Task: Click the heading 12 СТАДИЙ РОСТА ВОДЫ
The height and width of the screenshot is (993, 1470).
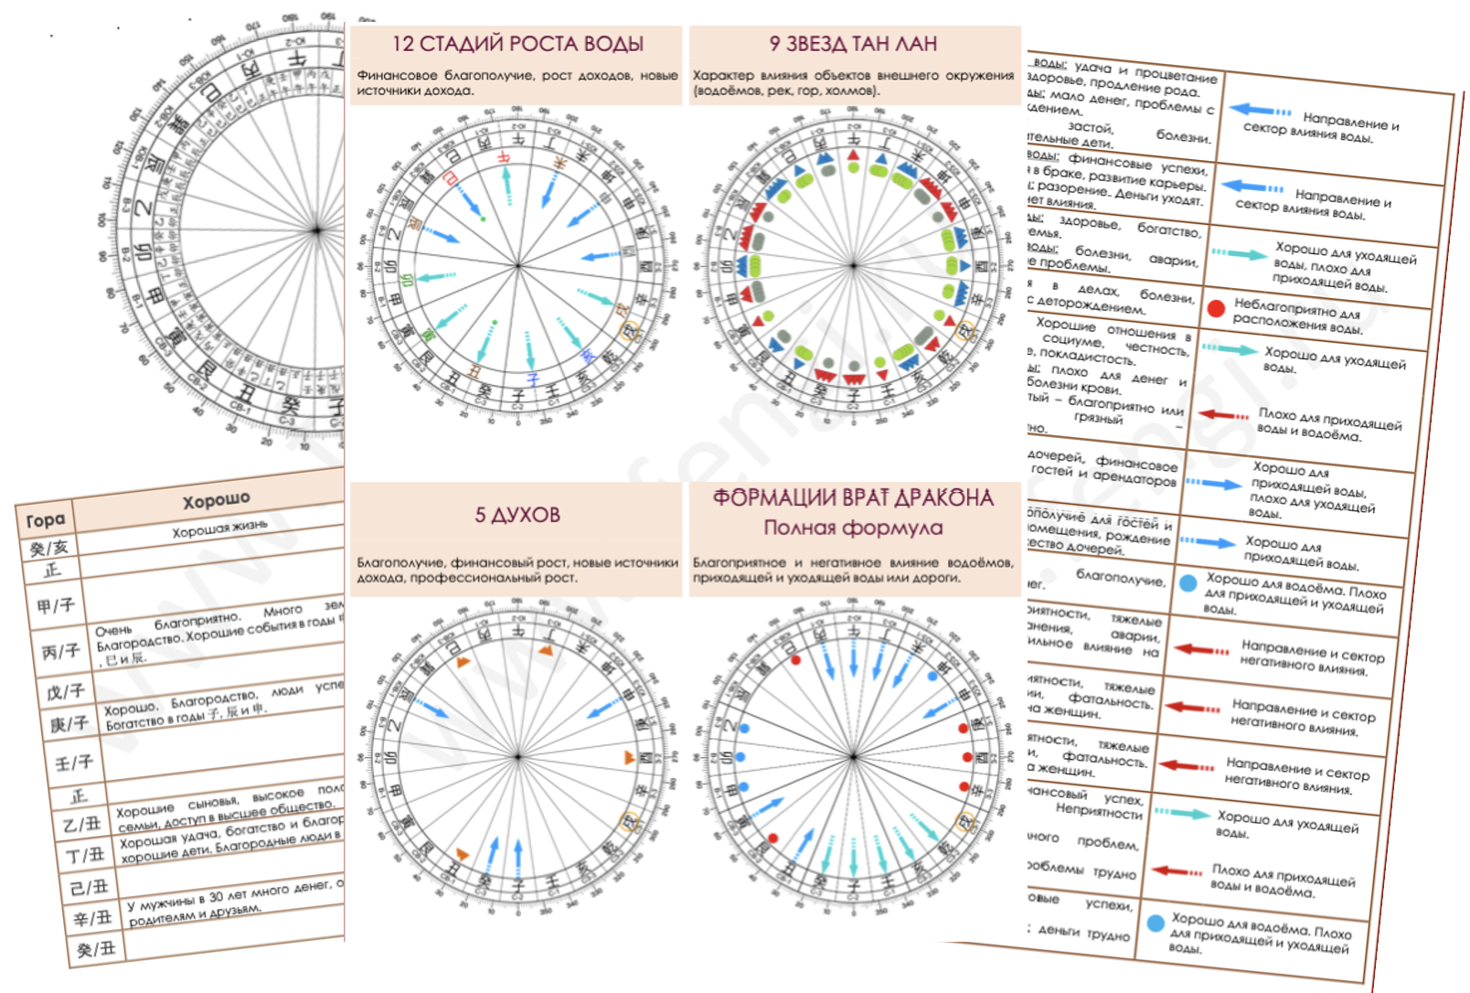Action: tap(517, 44)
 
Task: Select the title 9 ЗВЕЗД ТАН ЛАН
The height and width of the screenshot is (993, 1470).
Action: tap(853, 44)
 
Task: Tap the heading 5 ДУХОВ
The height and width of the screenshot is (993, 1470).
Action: tap(517, 515)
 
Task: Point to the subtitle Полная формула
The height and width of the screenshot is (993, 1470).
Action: tap(853, 528)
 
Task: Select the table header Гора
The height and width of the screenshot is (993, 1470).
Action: tap(45, 520)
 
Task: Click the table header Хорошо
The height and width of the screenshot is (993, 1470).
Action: tap(216, 500)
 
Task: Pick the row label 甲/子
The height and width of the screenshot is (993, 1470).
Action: tap(56, 605)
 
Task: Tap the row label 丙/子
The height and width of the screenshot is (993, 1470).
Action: tap(60, 652)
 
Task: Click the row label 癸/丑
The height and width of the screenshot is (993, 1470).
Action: tap(96, 950)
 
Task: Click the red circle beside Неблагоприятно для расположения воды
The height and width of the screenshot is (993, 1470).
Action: tap(1215, 308)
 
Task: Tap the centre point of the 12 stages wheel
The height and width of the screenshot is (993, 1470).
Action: tap(518, 266)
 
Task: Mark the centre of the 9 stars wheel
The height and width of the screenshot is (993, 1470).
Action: tap(853, 266)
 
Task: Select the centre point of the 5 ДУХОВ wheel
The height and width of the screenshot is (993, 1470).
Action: tap(518, 757)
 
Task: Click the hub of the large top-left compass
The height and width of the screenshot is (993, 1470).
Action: tap(317, 230)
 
